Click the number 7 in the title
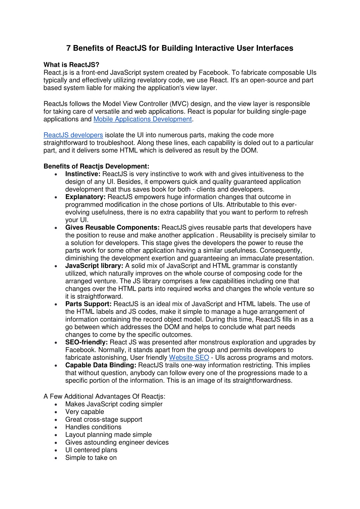coord(69,48)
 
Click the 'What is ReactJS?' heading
coord(71,65)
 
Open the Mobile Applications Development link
coord(143,119)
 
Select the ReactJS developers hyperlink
coord(73,135)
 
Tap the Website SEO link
coord(189,358)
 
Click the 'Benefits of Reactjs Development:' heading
coord(96,166)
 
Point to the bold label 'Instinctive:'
coord(83,174)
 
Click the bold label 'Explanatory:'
coord(86,197)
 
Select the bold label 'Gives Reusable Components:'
coord(113,228)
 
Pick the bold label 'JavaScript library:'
coord(94,266)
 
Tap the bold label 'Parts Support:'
coord(88,304)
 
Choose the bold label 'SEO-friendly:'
coord(87,342)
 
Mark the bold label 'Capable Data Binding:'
coord(101,365)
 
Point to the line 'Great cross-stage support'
coord(104,419)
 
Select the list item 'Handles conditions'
coord(93,427)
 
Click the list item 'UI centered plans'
coord(91,450)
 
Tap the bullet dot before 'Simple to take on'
coord(56,458)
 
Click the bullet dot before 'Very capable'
coord(56,412)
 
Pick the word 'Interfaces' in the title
coord(276,48)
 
